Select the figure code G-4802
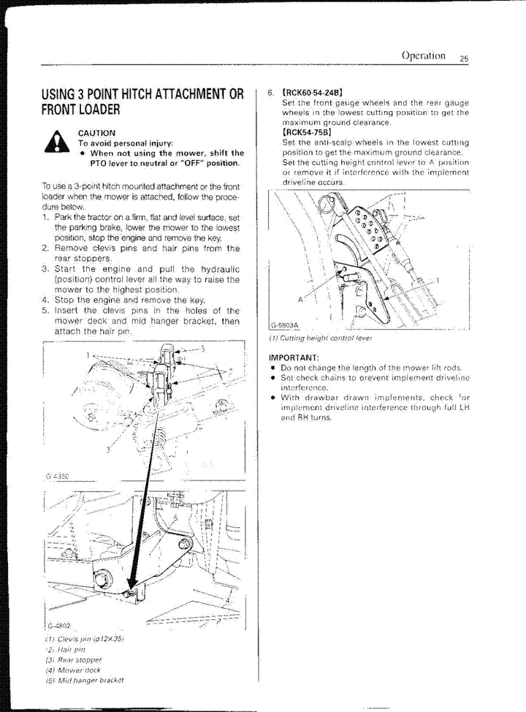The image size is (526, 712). tap(58, 626)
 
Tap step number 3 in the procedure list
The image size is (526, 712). tap(45, 269)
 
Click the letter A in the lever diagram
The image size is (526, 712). tap(300, 300)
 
